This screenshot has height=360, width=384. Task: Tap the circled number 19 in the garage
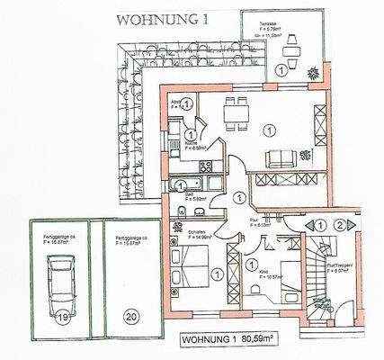tap(63, 316)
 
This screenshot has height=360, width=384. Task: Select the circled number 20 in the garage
tap(131, 316)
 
